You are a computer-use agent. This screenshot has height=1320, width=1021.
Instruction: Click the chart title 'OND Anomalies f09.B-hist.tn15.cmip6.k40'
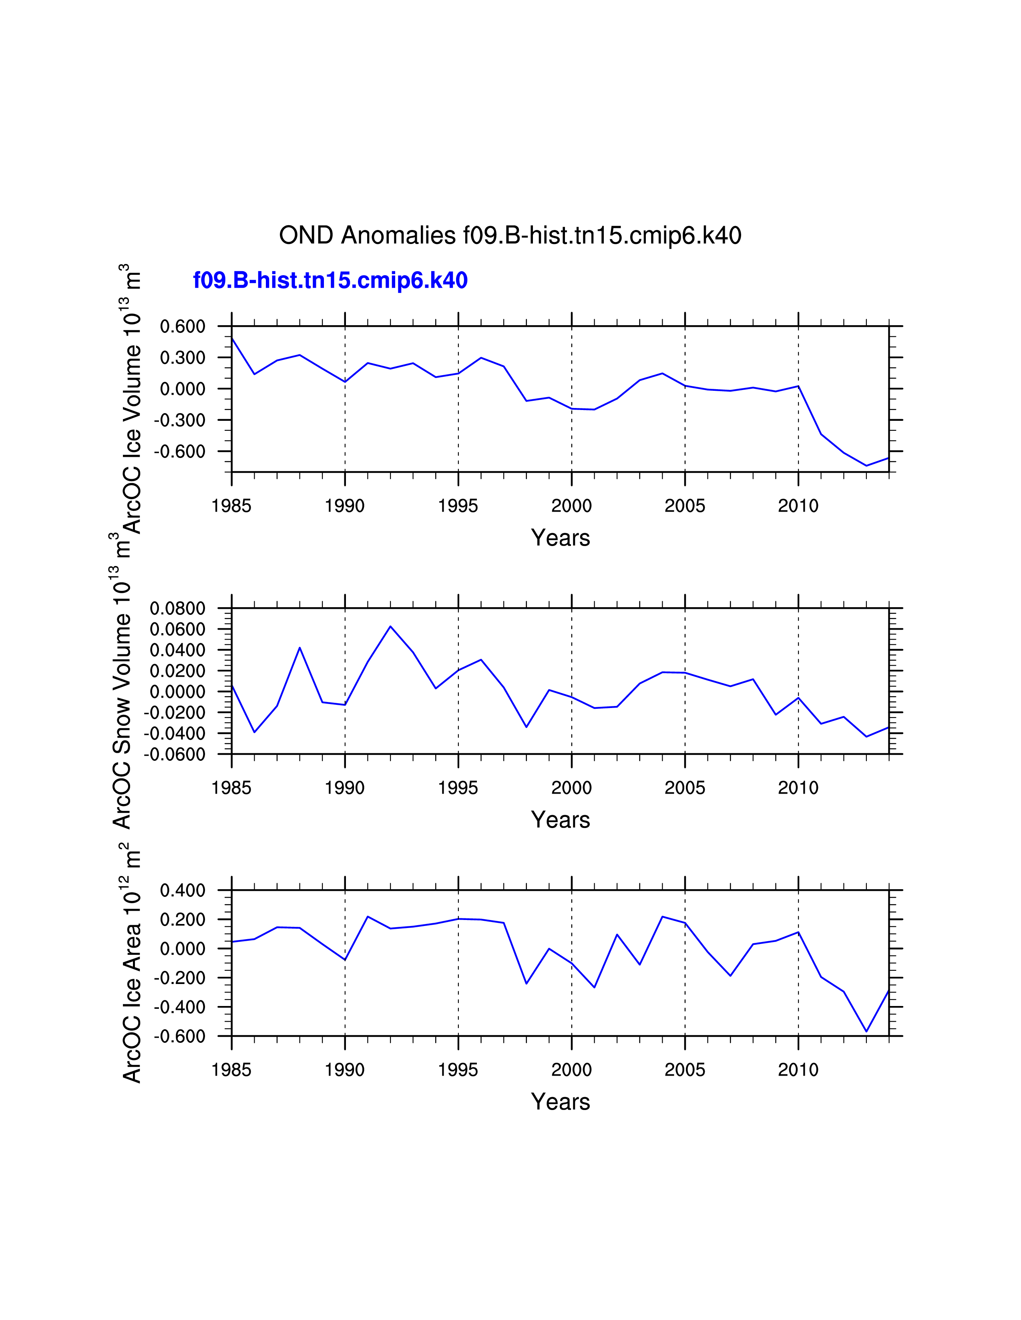click(x=510, y=236)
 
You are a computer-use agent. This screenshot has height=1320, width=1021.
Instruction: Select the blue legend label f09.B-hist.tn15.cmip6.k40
click(x=330, y=280)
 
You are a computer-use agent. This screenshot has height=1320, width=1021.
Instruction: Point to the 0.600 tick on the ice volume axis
click(x=183, y=326)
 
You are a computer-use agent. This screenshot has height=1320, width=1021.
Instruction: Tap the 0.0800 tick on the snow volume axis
click(x=178, y=609)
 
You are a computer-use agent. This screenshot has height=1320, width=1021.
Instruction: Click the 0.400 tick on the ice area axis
click(x=183, y=890)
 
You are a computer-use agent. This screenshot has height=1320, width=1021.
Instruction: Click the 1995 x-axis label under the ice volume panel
click(x=458, y=506)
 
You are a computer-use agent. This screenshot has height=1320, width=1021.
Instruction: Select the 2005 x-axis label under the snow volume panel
click(x=685, y=788)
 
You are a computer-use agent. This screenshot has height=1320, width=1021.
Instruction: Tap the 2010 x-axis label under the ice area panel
click(x=798, y=1070)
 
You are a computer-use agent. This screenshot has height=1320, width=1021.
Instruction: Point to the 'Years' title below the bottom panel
click(x=560, y=1102)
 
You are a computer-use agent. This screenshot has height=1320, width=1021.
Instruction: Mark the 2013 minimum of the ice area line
click(x=866, y=1032)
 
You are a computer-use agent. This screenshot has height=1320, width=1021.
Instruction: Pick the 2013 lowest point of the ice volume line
click(x=866, y=465)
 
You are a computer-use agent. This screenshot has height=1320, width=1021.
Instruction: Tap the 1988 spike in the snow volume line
click(x=300, y=648)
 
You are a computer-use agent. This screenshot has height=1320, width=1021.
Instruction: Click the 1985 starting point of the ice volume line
click(x=232, y=338)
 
